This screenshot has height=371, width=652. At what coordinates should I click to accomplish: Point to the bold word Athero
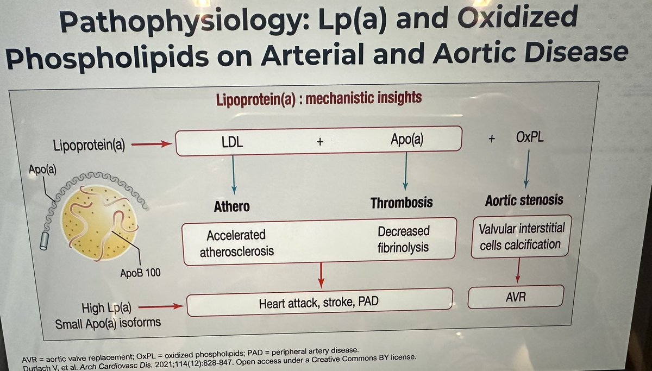pos(232,206)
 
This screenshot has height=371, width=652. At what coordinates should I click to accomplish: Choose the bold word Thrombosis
pos(402,203)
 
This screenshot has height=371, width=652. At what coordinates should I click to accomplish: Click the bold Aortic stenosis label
pos(524,200)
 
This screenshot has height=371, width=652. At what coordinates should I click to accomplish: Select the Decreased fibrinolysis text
pos(403,240)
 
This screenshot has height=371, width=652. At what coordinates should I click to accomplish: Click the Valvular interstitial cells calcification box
pos(520,236)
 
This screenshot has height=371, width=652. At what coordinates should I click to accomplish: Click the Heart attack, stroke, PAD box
pos(319,302)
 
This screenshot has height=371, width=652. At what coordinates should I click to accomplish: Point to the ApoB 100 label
pos(140,273)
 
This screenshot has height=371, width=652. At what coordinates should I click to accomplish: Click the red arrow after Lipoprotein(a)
pos(152,144)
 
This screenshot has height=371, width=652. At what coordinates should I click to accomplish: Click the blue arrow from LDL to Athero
pos(234,174)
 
